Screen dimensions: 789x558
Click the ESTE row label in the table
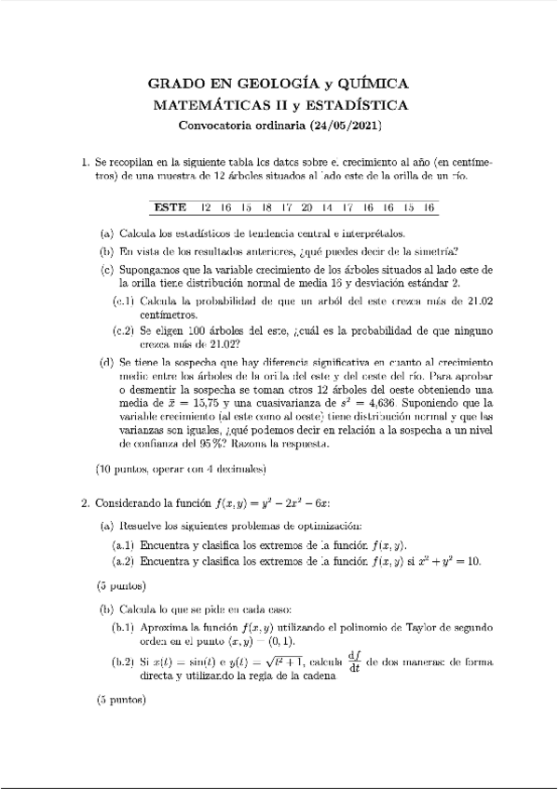click(x=170, y=207)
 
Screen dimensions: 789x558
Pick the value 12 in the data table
click(x=206, y=207)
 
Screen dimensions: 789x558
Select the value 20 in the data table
click(x=306, y=207)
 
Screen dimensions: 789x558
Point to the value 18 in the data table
click(x=266, y=207)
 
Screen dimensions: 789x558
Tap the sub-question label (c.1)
click(x=124, y=301)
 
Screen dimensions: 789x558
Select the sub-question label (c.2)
click(x=124, y=331)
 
